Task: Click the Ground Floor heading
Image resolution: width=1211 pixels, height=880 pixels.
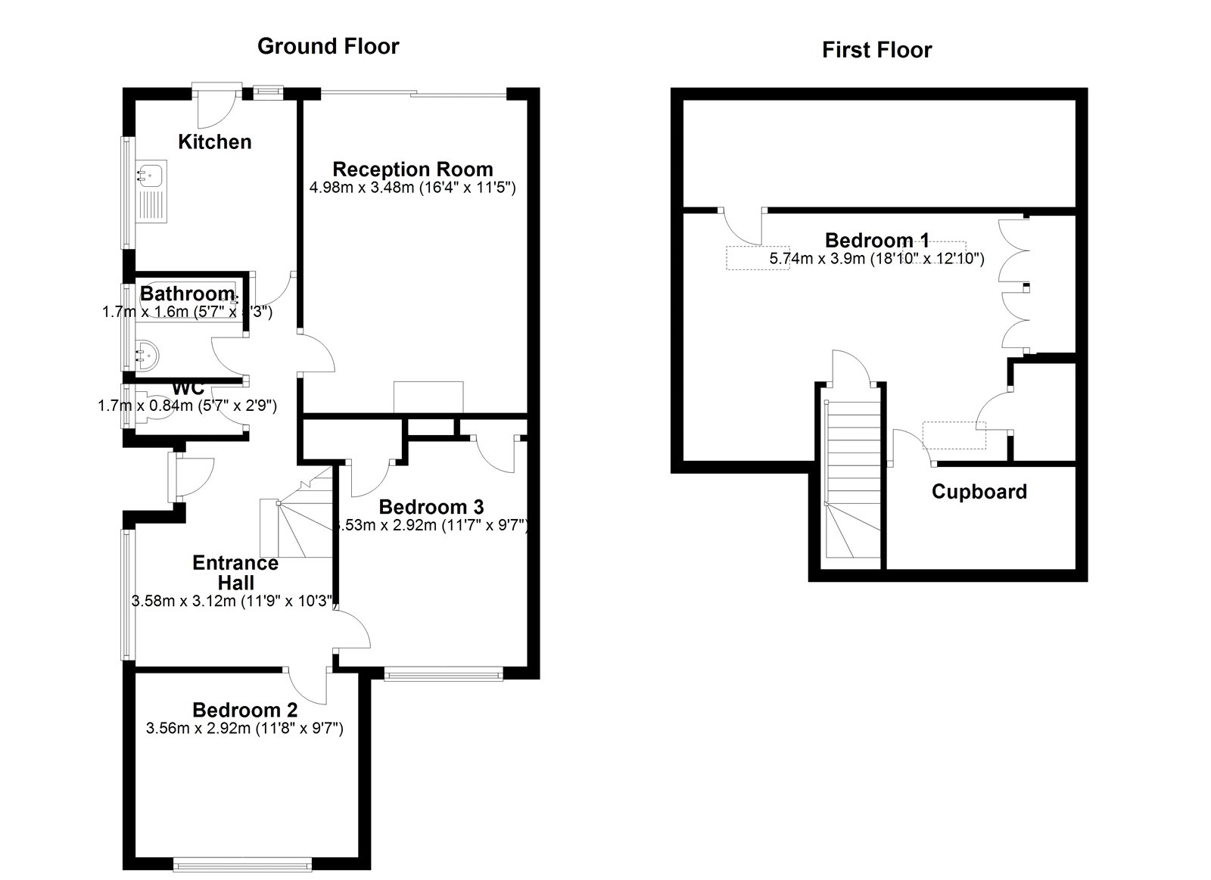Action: [x=328, y=46]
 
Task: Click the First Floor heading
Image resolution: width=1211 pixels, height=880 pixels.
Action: [x=876, y=50]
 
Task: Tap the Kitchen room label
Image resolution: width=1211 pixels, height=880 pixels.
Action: [x=214, y=141]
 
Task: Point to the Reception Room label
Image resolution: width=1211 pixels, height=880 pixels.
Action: [x=412, y=169]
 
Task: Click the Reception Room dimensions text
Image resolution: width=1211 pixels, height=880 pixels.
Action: [x=412, y=187]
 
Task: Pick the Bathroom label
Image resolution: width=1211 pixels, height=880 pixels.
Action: [x=188, y=293]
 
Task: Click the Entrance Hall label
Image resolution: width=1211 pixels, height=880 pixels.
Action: [x=235, y=572]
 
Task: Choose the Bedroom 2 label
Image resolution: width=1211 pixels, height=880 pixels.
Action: [x=244, y=710]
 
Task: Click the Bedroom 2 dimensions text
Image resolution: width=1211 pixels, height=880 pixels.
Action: [x=244, y=729]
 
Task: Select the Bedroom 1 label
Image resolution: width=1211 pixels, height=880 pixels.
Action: [x=876, y=241]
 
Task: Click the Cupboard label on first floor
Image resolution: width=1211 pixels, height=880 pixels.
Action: [x=979, y=492]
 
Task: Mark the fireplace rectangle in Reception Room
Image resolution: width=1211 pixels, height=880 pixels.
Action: [x=428, y=397]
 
